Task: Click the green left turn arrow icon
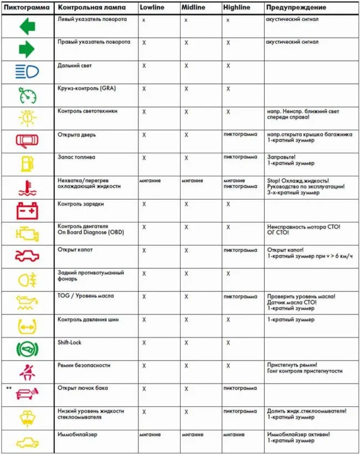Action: (x=27, y=26)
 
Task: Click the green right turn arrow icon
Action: (x=27, y=49)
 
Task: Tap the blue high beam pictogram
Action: (x=27, y=72)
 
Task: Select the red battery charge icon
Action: (x=27, y=211)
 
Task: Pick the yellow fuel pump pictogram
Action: (x=27, y=164)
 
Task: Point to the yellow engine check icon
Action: (x=27, y=233)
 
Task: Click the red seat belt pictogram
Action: (x=27, y=371)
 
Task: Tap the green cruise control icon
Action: (x=27, y=95)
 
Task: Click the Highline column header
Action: (x=236, y=8)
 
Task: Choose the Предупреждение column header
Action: (x=296, y=8)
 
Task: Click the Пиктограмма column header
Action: (x=27, y=8)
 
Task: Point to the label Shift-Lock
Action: (x=70, y=343)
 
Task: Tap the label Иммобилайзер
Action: (x=78, y=435)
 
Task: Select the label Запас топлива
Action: (x=76, y=157)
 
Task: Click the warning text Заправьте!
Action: (x=281, y=157)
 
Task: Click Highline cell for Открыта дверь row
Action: (x=240, y=134)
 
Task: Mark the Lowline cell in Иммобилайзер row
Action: (x=150, y=435)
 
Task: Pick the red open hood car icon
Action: (x=27, y=256)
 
